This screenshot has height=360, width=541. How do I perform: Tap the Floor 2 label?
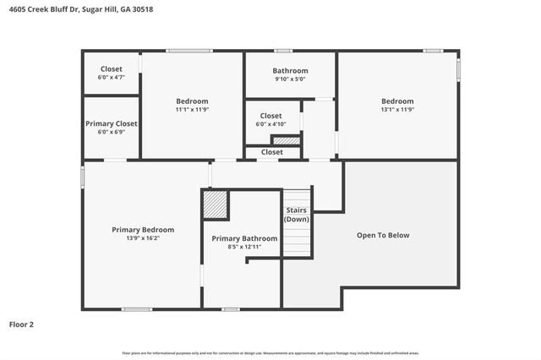22,324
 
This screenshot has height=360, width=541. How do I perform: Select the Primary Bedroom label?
143,230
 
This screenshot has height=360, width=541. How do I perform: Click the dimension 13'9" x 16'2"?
143,238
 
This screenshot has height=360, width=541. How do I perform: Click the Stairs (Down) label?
296,214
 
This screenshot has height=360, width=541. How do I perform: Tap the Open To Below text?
382,235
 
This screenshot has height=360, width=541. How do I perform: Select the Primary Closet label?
111,123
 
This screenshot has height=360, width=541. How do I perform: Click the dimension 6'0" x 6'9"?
111,132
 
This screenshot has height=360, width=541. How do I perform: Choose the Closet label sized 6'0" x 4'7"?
111,68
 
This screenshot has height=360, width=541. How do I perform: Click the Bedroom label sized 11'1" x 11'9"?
192,101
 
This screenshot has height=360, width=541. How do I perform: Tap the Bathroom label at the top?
290,70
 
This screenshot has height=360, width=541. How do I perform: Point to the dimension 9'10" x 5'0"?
290,79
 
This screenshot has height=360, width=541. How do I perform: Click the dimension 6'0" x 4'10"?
270,124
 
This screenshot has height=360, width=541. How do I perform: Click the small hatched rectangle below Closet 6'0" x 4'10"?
285,140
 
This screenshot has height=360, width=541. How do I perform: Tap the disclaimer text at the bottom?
270,352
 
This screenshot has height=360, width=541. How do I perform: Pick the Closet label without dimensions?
271,152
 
